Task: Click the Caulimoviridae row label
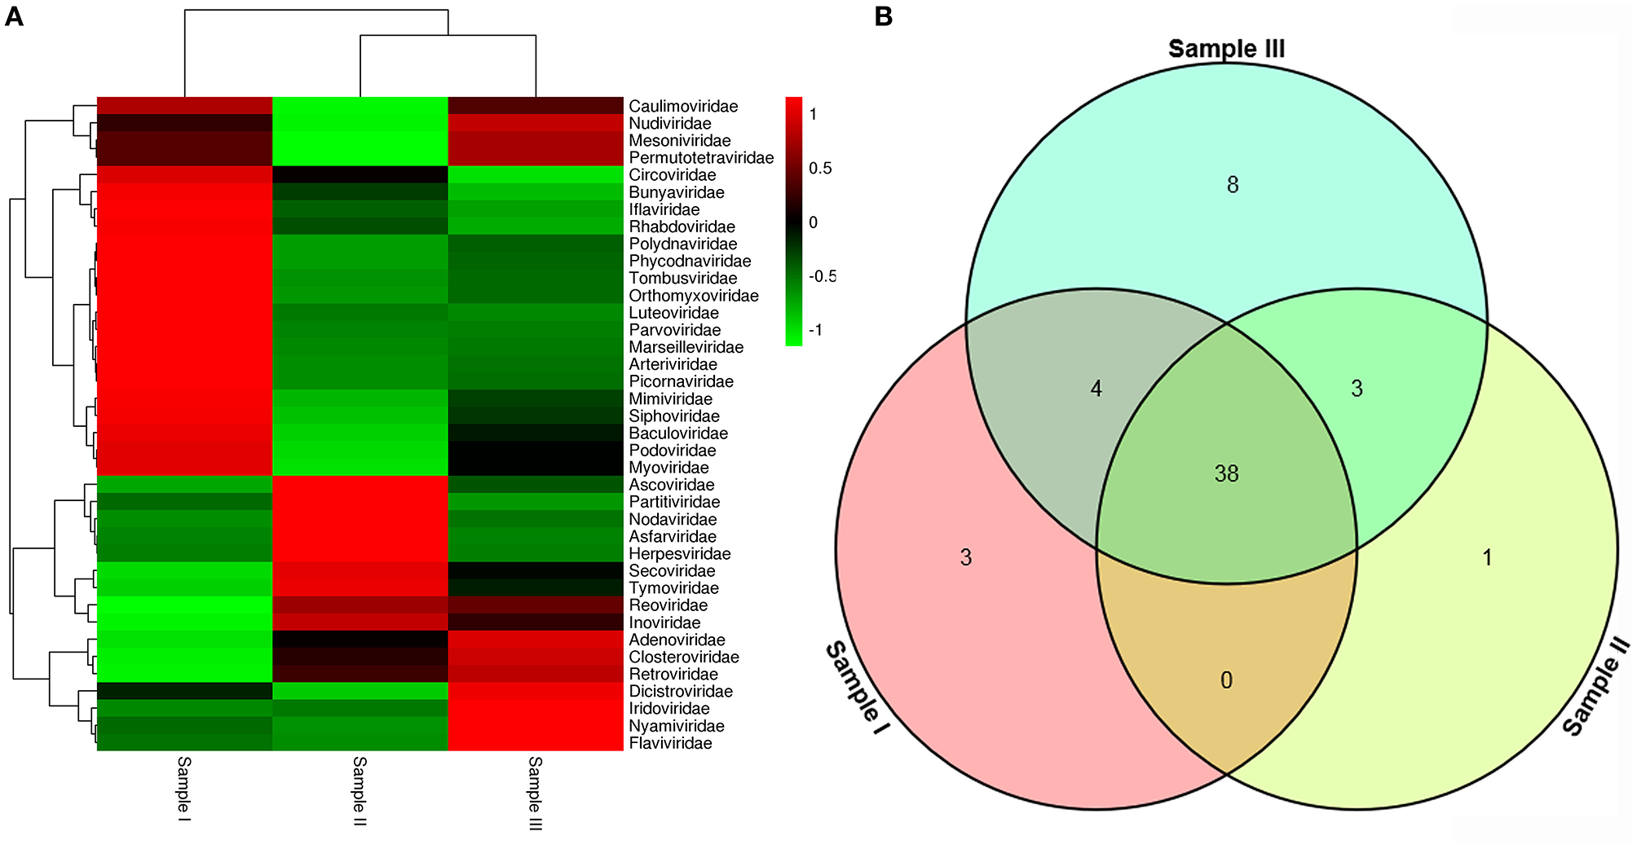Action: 683,107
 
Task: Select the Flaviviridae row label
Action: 670,743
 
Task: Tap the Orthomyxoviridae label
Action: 693,296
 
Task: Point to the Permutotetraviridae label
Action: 701,158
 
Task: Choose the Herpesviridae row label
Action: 679,554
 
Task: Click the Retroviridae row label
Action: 673,675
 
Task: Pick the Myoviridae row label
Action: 668,468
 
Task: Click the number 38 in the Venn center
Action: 1226,473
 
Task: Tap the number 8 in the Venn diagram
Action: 1233,185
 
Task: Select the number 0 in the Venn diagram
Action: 1226,680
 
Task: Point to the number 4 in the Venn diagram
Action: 1096,389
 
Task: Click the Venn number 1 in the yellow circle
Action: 1487,557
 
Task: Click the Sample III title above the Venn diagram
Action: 1226,49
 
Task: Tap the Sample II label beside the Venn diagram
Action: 1595,687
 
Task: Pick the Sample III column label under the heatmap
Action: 535,792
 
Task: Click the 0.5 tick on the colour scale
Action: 820,169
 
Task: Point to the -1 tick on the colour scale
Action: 815,330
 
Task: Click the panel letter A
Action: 14,16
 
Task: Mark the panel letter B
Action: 883,16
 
